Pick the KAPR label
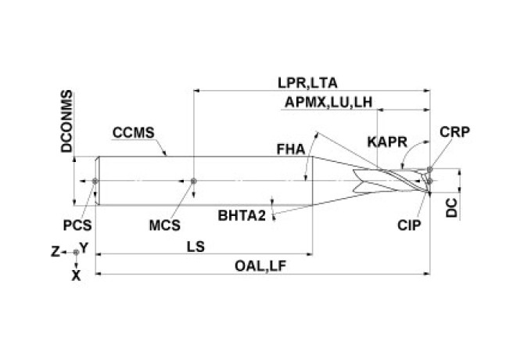386,142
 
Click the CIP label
409,225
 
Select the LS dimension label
196,246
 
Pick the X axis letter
76,275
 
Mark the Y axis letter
83,247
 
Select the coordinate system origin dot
75,252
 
